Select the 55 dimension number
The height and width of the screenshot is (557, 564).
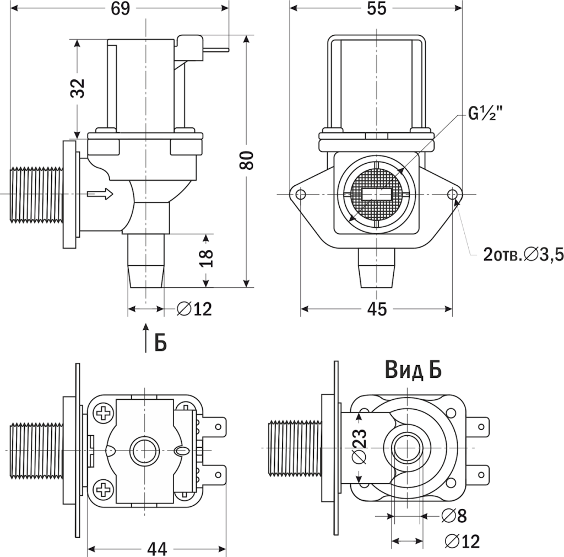click(x=377, y=9)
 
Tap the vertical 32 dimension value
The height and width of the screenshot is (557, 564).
click(x=79, y=88)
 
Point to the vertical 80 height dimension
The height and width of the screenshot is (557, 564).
click(x=248, y=160)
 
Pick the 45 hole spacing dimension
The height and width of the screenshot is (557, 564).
click(x=377, y=310)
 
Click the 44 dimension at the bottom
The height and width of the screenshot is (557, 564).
click(x=157, y=548)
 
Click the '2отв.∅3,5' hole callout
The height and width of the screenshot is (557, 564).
click(x=522, y=254)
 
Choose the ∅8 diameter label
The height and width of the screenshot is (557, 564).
click(x=454, y=516)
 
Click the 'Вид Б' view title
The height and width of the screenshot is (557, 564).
click(x=413, y=371)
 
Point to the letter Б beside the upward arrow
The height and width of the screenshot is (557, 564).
click(x=160, y=342)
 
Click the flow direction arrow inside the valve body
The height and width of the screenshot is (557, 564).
click(x=100, y=194)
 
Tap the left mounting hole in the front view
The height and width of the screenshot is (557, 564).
click(x=300, y=194)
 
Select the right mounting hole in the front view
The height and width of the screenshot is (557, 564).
click(x=453, y=194)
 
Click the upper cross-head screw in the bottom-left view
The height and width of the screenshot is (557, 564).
click(x=103, y=413)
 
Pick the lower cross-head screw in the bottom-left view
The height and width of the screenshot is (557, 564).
click(x=103, y=488)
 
